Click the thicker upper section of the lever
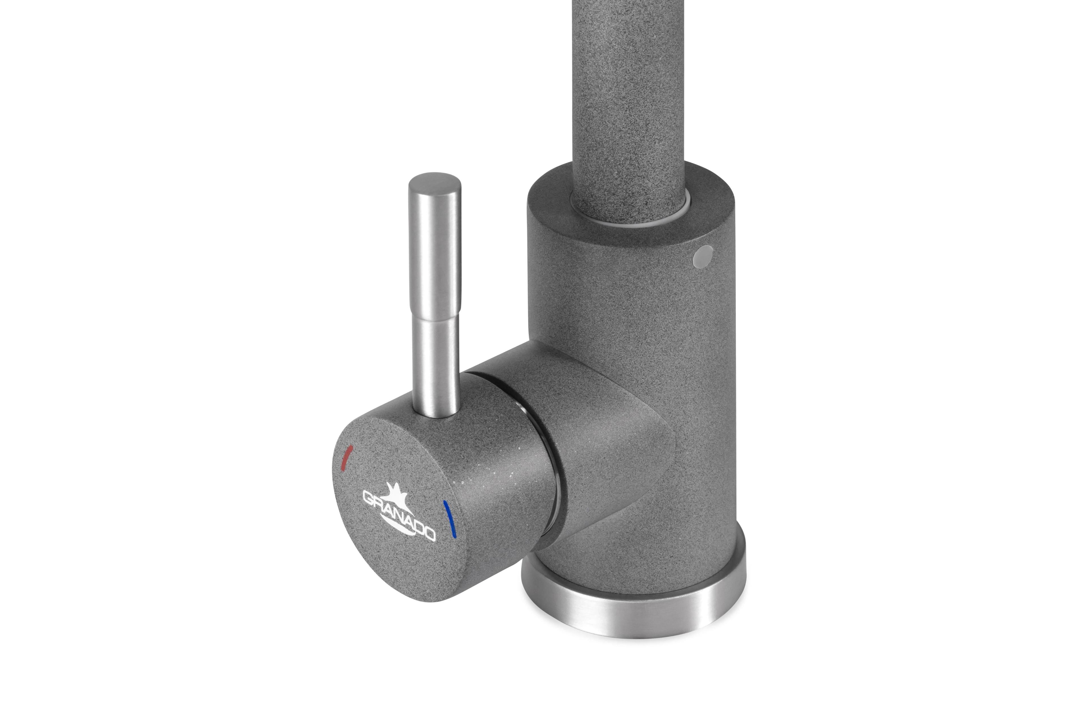point(435,250)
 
